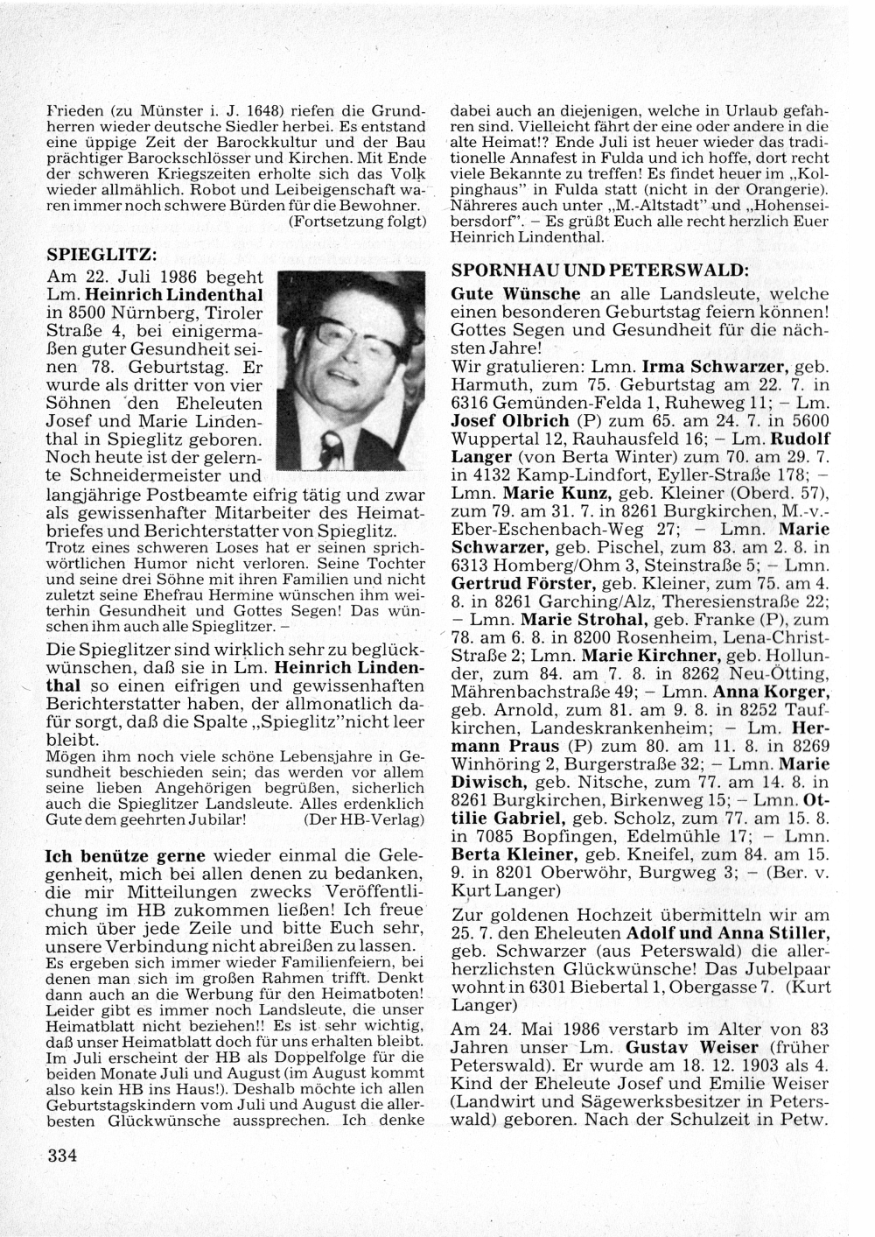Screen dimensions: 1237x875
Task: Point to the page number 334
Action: (63, 1155)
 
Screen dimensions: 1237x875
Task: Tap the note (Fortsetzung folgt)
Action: (356, 221)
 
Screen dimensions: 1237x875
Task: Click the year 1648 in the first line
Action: (264, 112)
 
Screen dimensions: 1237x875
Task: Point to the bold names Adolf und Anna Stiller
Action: (729, 932)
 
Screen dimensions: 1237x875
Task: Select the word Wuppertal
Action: (492, 438)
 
